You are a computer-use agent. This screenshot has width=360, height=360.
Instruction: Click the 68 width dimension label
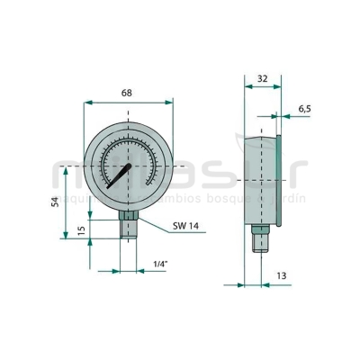(x=128, y=93)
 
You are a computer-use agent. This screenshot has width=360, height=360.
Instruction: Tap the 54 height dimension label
(x=55, y=202)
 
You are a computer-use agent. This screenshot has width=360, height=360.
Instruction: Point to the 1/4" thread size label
(x=161, y=263)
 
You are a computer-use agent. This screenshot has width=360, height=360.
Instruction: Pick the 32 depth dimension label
(x=261, y=78)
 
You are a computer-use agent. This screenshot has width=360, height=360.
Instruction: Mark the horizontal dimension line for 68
(x=128, y=103)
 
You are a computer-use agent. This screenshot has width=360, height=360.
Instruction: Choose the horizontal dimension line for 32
(x=261, y=88)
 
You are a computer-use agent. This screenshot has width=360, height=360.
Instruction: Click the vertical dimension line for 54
(x=66, y=202)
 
